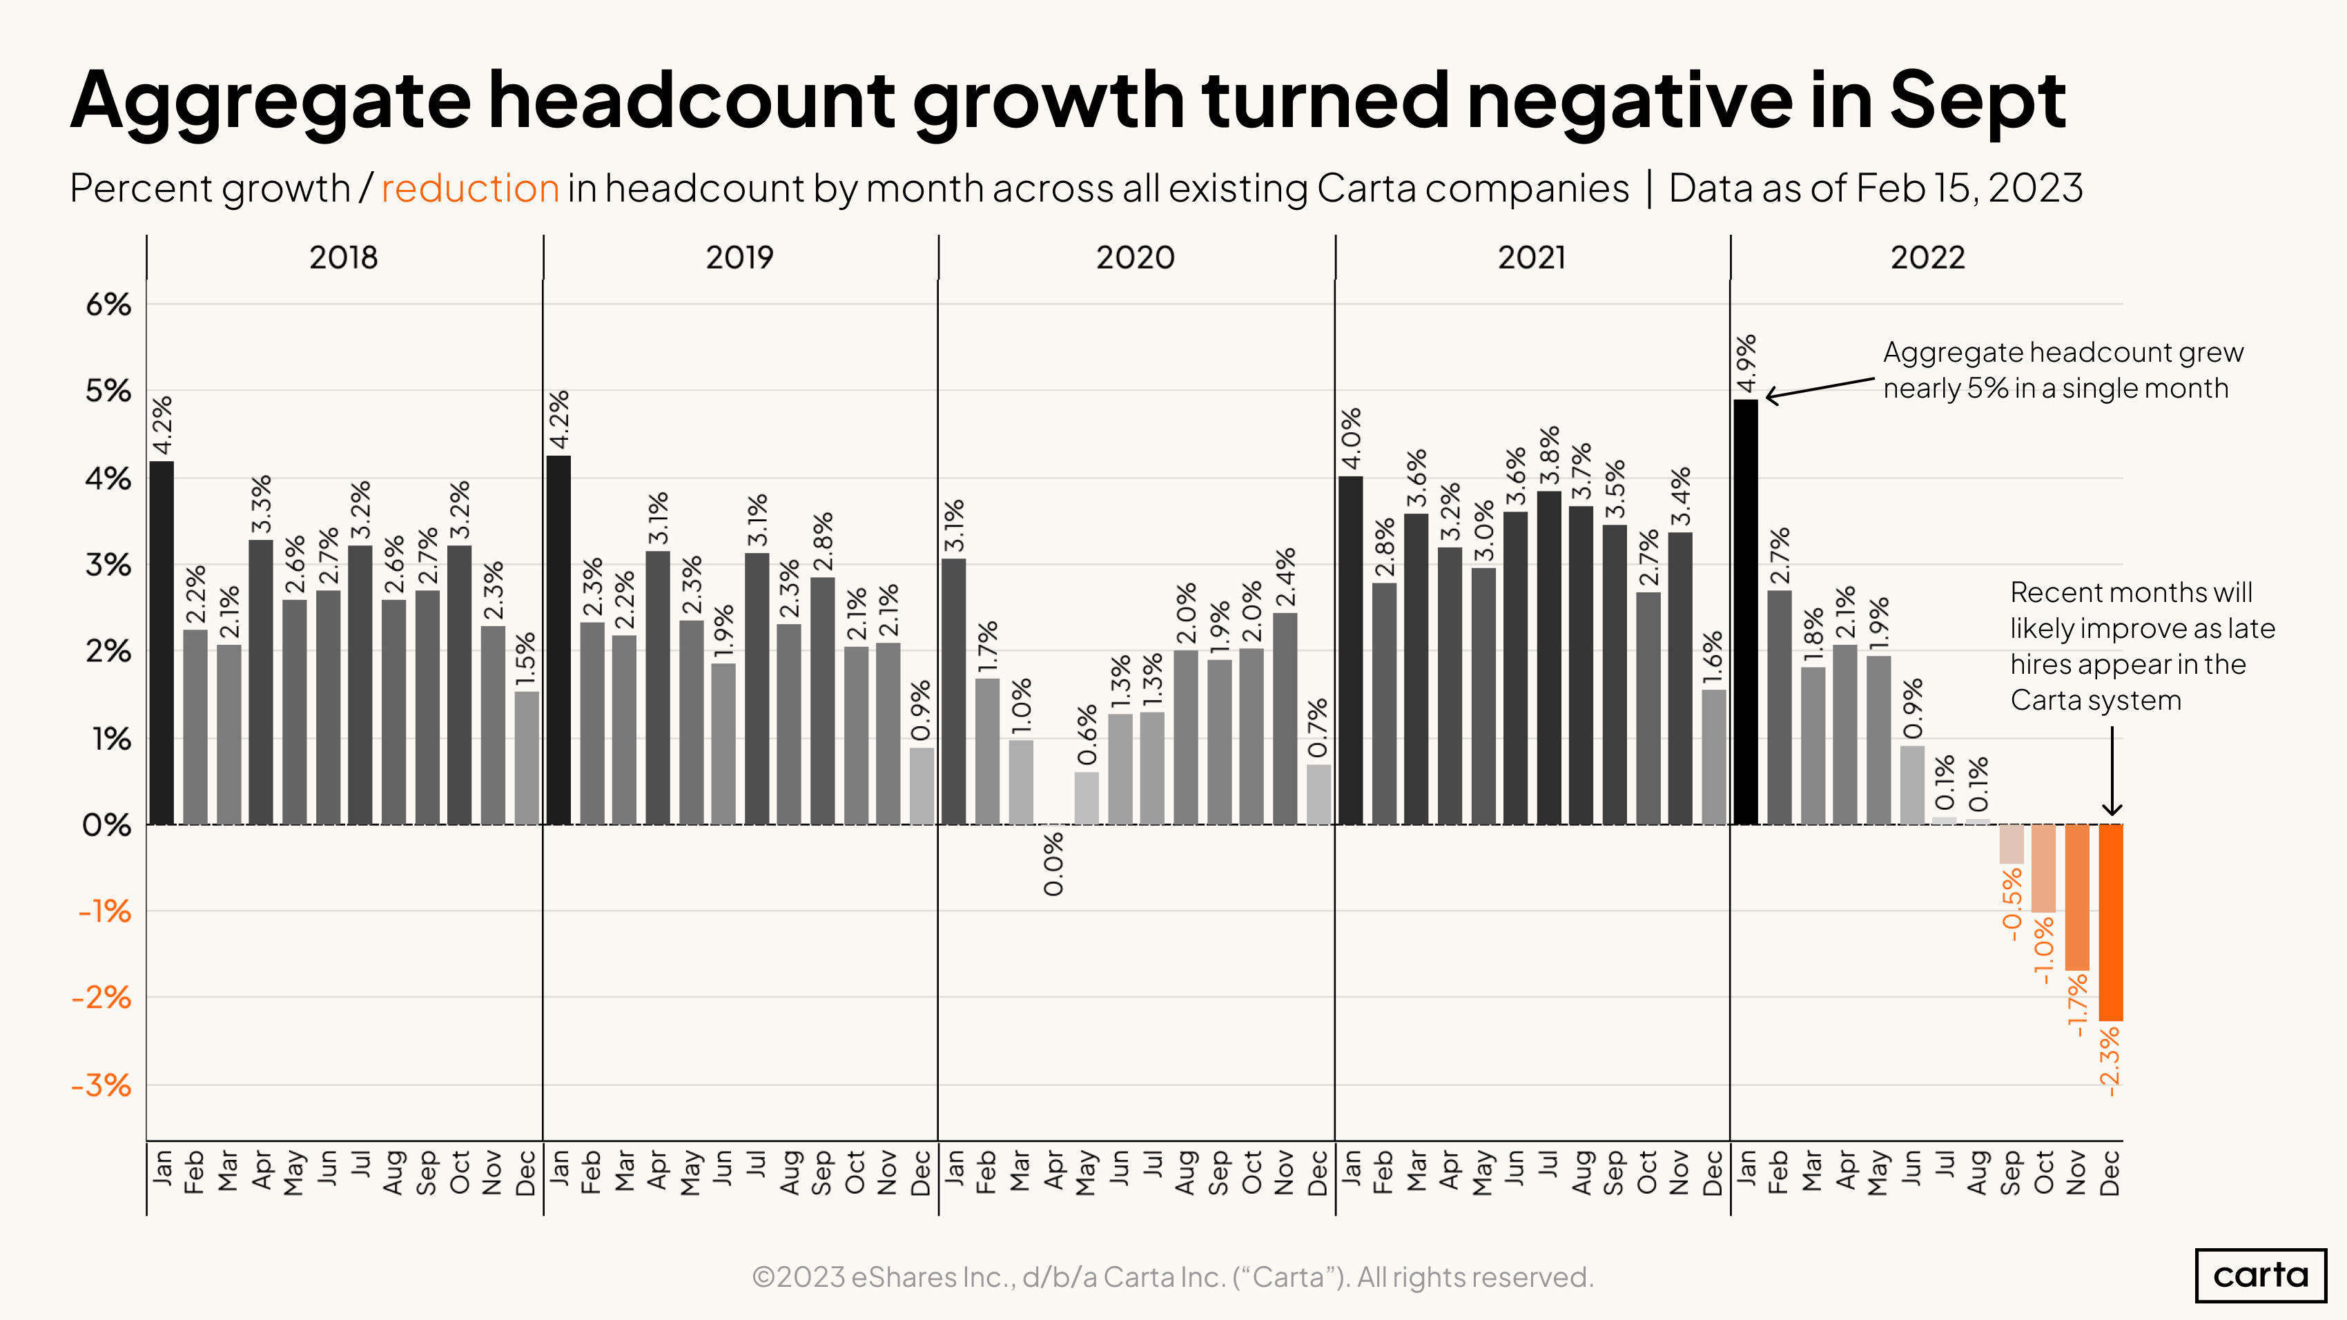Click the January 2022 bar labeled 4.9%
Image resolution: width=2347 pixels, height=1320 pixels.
pos(1746,612)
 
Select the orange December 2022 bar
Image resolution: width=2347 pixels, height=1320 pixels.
pos(2110,922)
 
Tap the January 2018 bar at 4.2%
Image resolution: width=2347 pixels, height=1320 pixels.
pos(162,642)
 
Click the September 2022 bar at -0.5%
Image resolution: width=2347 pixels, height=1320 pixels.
pos(2011,844)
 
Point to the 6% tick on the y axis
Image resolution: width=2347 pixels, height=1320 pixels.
pos(108,304)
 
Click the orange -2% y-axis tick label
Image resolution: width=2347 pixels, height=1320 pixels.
pos(101,998)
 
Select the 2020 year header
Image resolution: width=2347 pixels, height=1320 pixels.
pos(1136,258)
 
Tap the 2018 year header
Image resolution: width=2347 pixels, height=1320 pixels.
pos(344,258)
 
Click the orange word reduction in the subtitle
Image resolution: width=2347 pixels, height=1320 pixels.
pos(469,188)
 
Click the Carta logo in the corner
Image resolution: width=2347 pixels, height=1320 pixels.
pos(2261,1274)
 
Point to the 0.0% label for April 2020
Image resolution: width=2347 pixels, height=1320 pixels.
pos(1053,864)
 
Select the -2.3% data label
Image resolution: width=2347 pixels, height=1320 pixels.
pos(2110,1060)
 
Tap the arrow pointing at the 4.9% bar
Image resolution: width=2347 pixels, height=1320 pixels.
pos(1818,388)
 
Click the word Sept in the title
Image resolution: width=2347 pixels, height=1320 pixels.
pos(1977,100)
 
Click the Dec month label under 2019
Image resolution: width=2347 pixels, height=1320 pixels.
pos(921,1172)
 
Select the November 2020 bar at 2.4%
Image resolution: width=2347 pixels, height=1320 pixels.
pos(1285,718)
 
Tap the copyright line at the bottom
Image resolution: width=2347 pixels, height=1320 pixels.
pos(1173,1277)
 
